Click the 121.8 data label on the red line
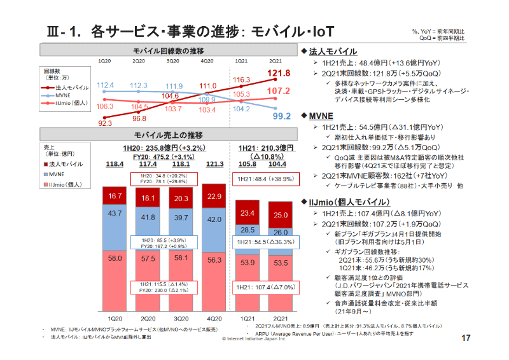(x=279, y=74)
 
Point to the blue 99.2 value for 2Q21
(x=281, y=116)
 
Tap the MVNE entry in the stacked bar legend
(x=57, y=173)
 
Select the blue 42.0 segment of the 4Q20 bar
(x=214, y=218)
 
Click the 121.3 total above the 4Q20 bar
(x=214, y=164)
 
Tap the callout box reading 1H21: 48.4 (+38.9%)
(x=265, y=180)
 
